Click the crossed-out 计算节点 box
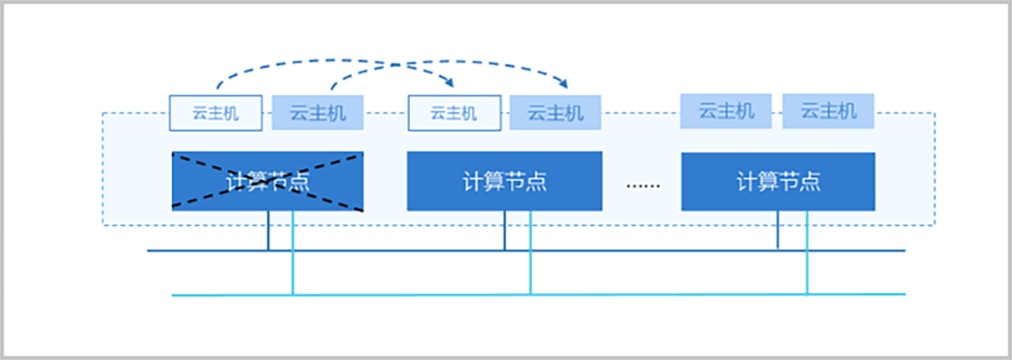click(267, 180)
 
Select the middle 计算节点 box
click(504, 180)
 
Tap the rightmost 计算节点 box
click(778, 180)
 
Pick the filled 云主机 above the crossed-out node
click(318, 113)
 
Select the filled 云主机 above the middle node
click(556, 113)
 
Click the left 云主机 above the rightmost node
click(726, 111)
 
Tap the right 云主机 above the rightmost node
click(828, 111)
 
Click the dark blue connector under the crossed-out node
click(269, 230)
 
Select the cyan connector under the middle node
click(530, 253)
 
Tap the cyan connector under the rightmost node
click(807, 253)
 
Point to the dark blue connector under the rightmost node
click(778, 230)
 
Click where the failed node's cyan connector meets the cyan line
click(293, 295)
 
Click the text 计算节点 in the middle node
click(504, 181)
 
